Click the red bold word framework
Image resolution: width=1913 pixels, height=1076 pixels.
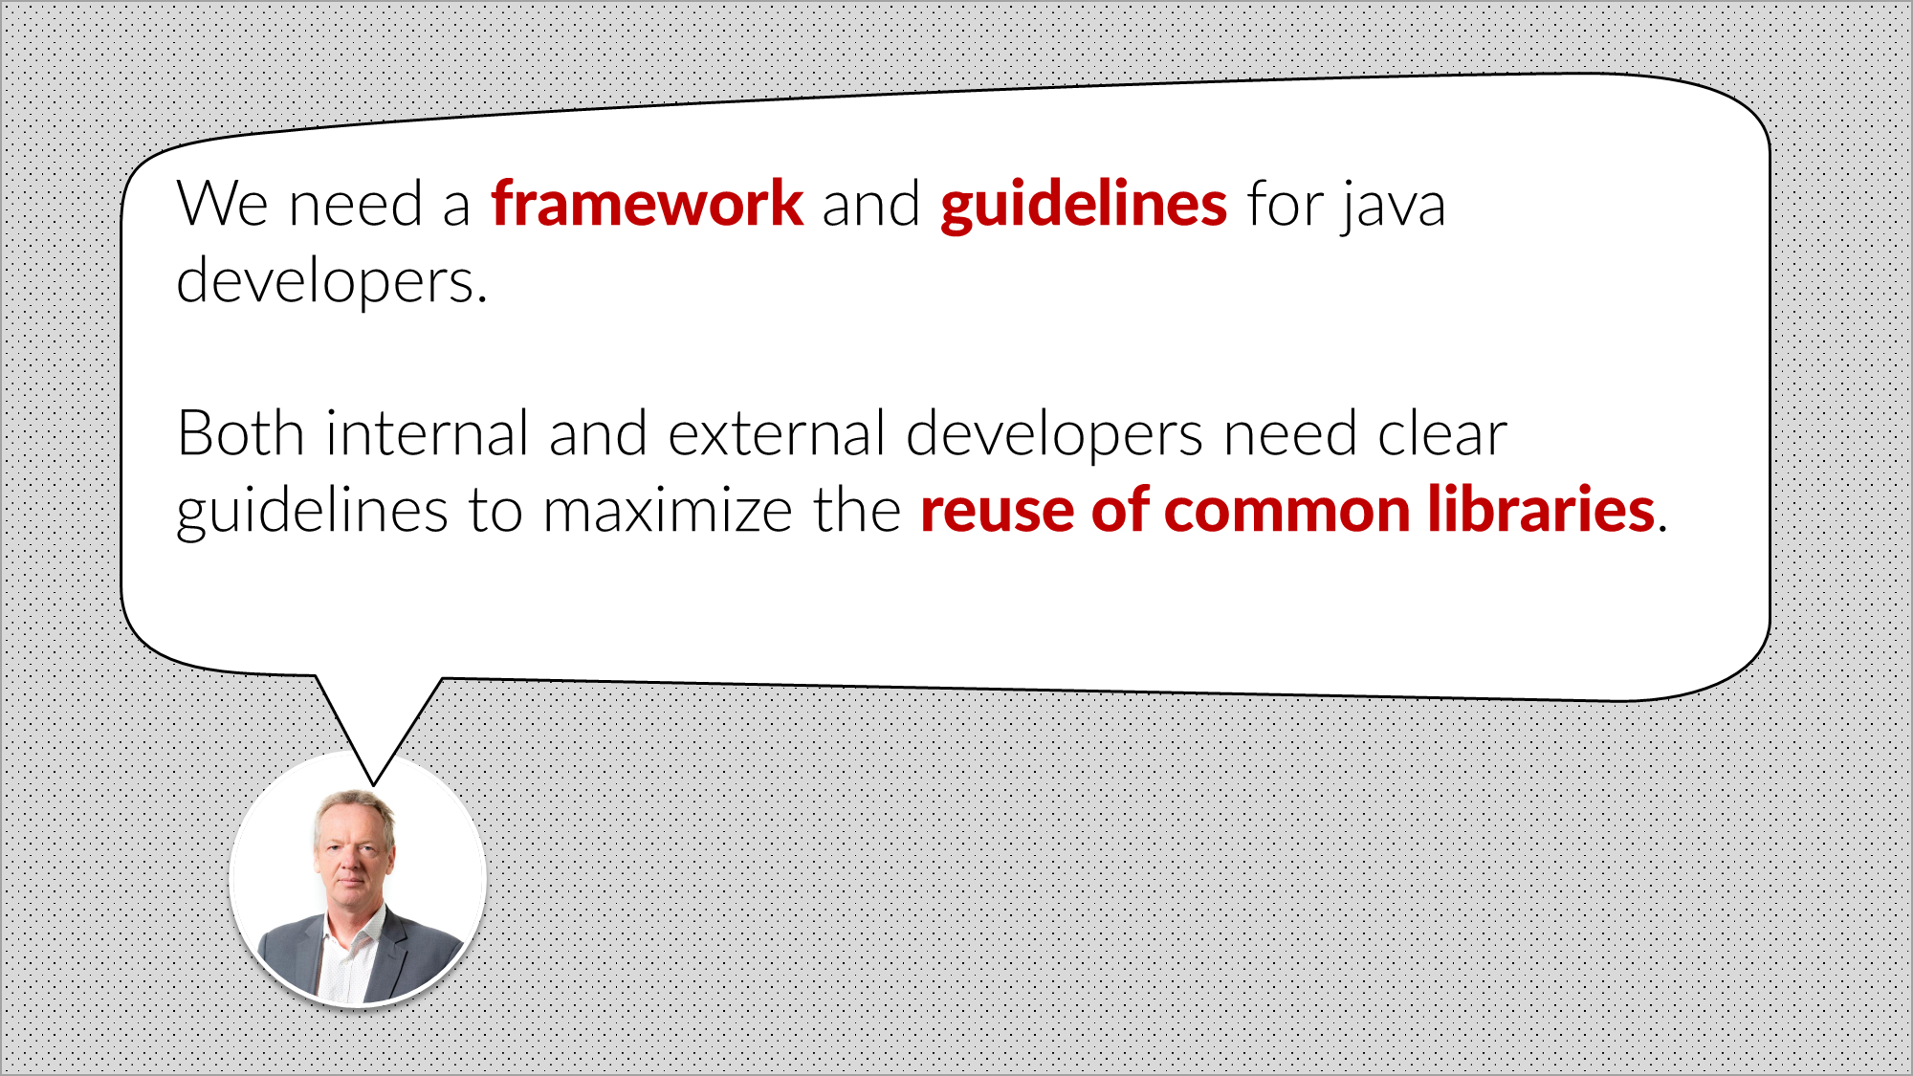(647, 204)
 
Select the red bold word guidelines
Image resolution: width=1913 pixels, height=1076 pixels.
(1083, 206)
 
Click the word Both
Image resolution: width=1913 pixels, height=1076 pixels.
(240, 433)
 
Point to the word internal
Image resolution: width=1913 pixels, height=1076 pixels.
(427, 433)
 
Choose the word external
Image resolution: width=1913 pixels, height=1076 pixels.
(777, 433)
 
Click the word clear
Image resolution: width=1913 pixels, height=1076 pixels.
(1442, 435)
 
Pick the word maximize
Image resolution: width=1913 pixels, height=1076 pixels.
(668, 510)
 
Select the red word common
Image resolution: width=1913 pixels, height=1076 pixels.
(1286, 510)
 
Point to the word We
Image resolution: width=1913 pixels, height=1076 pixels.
(222, 204)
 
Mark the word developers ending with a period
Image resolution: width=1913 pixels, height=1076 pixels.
(331, 282)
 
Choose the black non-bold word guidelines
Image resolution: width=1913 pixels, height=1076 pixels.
(312, 512)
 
